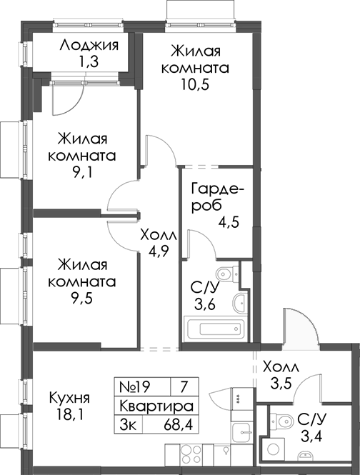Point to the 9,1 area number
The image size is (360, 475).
82,172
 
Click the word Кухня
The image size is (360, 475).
69,398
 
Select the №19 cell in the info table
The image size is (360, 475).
136,387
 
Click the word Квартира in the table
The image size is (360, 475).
155,406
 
